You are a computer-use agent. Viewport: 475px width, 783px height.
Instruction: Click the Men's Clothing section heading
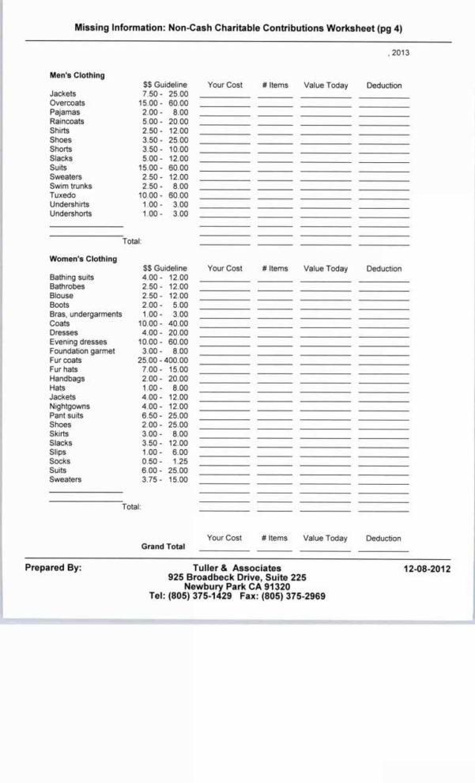click(x=77, y=75)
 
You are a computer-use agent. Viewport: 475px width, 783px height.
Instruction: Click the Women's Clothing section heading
click(x=83, y=259)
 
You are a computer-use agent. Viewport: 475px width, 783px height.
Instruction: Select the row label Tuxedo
click(x=62, y=195)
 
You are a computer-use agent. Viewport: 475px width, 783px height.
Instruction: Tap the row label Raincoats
click(x=66, y=122)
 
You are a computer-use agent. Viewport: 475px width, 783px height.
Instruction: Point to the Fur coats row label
click(x=66, y=360)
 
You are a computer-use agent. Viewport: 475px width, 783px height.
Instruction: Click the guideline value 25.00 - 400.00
click(x=163, y=360)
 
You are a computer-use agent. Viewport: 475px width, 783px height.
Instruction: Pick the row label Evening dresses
click(x=78, y=342)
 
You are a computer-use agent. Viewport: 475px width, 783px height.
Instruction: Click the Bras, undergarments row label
click(x=85, y=314)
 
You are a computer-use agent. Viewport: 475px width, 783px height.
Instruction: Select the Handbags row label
click(x=66, y=379)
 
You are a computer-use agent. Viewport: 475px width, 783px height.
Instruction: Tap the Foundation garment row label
click(x=82, y=351)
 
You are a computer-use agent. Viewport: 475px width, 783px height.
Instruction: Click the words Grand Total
click(x=163, y=547)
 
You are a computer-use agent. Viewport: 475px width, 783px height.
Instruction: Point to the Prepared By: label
click(x=53, y=568)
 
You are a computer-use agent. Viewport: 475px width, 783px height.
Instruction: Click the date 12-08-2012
click(x=428, y=569)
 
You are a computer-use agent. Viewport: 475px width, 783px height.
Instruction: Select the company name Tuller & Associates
click(x=236, y=568)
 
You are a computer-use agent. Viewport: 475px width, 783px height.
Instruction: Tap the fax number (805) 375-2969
click(x=293, y=596)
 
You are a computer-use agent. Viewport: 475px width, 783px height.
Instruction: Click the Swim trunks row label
click(x=70, y=186)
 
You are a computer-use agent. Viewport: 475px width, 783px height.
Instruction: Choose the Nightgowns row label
click(x=70, y=407)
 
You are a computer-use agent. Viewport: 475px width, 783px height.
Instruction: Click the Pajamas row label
click(x=64, y=112)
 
